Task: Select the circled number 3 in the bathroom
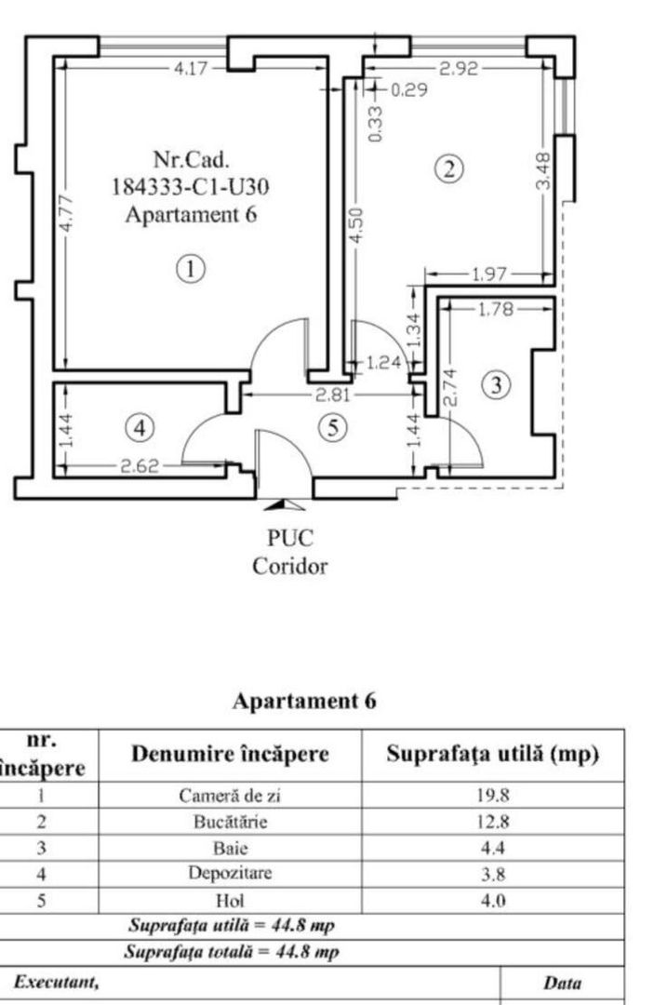tap(499, 384)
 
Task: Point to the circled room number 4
tap(140, 428)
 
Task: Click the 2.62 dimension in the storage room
tap(140, 467)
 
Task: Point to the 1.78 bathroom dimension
tap(495, 310)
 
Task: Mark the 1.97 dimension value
tap(490, 275)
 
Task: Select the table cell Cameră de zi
tap(228, 796)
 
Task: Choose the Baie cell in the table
tap(228, 849)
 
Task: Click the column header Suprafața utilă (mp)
tap(492, 755)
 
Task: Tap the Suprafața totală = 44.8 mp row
tap(233, 952)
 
